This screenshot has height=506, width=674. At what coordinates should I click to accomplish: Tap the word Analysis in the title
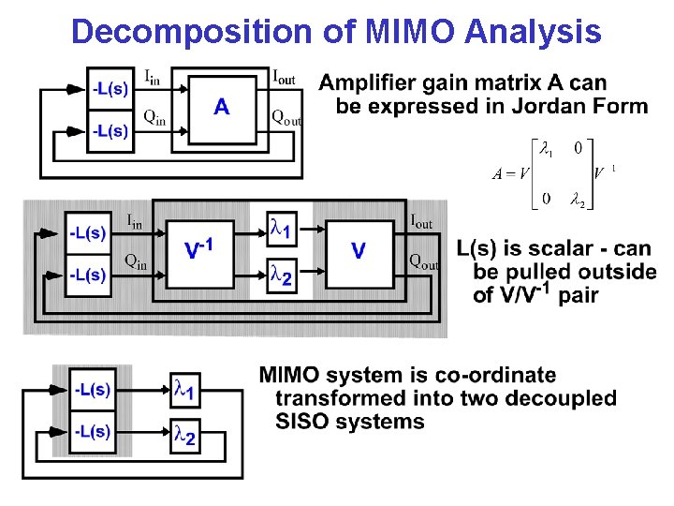pyautogui.click(x=531, y=32)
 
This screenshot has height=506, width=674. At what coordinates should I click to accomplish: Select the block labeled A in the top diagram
pyautogui.click(x=221, y=108)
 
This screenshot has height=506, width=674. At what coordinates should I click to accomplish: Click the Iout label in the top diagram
pyautogui.click(x=284, y=78)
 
